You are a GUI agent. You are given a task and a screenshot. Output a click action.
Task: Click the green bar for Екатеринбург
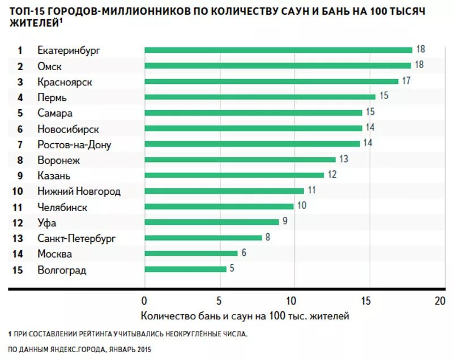[x=278, y=50]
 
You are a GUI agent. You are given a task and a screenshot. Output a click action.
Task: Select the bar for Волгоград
[x=185, y=269]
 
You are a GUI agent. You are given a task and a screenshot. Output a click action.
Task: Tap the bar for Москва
[x=191, y=254]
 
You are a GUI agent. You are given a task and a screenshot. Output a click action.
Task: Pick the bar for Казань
[x=234, y=175]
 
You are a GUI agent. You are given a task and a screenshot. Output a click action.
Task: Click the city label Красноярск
[x=65, y=82]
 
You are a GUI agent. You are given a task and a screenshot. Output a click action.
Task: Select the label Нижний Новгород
[x=79, y=191]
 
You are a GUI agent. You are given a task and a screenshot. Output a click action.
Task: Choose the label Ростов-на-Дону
[x=74, y=144]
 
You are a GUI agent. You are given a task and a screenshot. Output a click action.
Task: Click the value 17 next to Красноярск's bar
[x=406, y=80]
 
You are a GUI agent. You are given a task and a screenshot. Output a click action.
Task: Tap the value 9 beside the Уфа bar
[x=285, y=221]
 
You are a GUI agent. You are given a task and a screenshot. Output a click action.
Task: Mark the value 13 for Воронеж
[x=344, y=159]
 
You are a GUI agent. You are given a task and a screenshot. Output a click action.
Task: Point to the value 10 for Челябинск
[x=302, y=205]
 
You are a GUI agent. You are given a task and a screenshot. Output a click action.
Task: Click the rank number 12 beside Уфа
[x=18, y=223]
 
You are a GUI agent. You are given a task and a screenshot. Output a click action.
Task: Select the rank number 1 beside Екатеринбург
[x=19, y=50]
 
